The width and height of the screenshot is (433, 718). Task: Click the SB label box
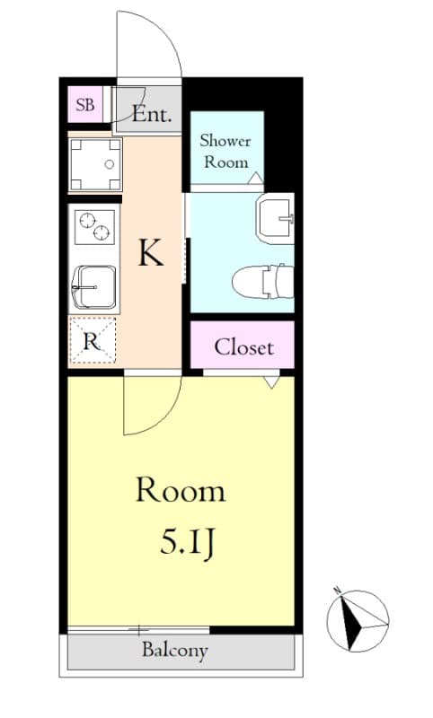click(x=85, y=104)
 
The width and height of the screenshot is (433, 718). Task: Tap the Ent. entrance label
click(x=155, y=114)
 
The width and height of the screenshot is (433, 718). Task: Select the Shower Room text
click(x=225, y=151)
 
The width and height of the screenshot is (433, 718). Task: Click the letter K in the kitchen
click(x=150, y=254)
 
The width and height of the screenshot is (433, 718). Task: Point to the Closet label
click(x=243, y=346)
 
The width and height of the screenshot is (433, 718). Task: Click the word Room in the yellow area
click(x=180, y=490)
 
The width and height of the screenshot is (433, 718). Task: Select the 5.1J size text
click(x=186, y=542)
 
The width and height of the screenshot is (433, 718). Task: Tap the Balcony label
click(x=175, y=651)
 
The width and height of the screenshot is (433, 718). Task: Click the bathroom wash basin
click(x=275, y=219)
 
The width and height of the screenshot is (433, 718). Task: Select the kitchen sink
click(x=93, y=286)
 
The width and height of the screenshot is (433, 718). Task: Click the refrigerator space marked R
click(x=92, y=340)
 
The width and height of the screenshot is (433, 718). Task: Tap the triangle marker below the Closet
click(x=271, y=381)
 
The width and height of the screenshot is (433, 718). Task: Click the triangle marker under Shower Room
click(x=255, y=178)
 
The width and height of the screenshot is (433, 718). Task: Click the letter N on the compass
click(x=337, y=591)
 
